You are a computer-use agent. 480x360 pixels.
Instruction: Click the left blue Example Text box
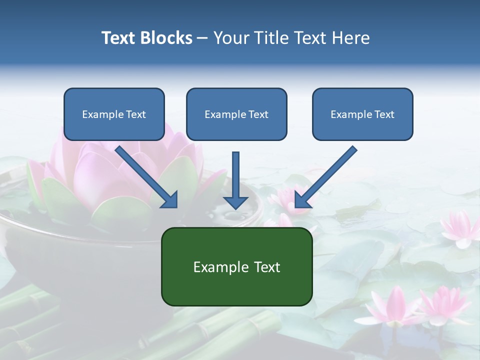click(x=114, y=114)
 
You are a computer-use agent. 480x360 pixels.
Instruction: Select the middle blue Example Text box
click(x=236, y=114)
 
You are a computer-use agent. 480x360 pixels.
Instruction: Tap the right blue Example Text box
click(x=362, y=114)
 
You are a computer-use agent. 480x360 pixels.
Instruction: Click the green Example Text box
click(x=236, y=266)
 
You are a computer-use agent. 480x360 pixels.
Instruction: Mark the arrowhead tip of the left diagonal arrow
click(x=176, y=206)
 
